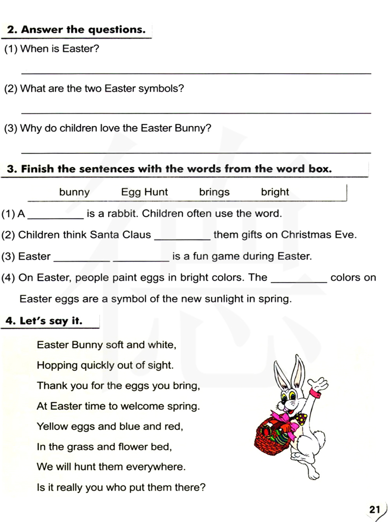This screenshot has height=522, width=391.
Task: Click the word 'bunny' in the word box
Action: [x=74, y=192]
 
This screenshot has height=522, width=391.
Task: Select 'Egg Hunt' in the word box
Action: [x=144, y=192]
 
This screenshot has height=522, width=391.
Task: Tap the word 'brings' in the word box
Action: [x=214, y=192]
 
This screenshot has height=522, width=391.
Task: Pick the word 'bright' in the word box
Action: [x=275, y=192]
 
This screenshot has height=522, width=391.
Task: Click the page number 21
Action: [x=375, y=509]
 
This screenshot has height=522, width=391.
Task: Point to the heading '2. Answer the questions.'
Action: [x=76, y=30]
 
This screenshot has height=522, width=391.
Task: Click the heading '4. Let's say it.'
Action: [x=44, y=321]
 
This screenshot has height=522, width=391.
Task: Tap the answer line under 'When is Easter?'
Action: [x=195, y=73]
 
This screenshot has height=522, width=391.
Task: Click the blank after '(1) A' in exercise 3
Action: [x=56, y=217]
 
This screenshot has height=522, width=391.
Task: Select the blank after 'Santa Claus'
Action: [x=182, y=238]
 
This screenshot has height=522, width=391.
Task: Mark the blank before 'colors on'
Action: [x=299, y=281]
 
